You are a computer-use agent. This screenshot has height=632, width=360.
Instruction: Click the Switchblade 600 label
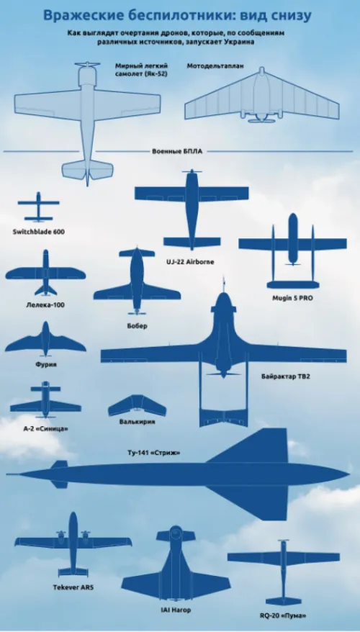point(39,232)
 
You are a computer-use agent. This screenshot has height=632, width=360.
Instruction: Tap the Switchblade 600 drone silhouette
point(38,207)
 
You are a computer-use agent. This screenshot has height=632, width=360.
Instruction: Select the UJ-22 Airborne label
point(190,262)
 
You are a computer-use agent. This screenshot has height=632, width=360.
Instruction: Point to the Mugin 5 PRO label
point(292,299)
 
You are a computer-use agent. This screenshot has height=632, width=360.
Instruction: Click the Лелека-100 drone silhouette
point(45,273)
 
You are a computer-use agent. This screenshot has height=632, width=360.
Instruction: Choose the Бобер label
point(137,325)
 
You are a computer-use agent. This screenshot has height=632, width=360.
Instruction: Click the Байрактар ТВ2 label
point(285,377)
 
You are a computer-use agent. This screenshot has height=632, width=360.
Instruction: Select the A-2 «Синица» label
point(45,428)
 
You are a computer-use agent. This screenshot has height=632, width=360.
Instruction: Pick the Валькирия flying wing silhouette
point(137,405)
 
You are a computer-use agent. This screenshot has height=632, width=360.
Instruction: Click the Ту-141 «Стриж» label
point(153,453)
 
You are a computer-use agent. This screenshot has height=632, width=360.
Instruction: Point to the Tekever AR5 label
point(73,587)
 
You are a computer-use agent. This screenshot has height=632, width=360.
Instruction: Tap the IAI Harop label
point(176,610)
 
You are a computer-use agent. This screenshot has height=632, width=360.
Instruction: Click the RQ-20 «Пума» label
point(283,615)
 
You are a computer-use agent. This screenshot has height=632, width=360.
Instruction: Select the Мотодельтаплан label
point(215,66)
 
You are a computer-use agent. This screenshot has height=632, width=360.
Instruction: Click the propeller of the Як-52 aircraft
point(87,65)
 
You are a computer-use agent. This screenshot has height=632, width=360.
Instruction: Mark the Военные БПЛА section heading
point(177,152)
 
